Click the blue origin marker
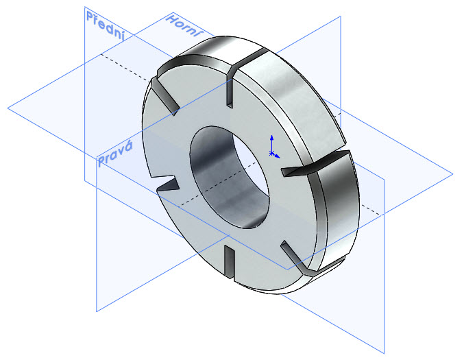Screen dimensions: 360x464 click(x=272, y=153)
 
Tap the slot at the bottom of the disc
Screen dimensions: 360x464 click(x=231, y=259)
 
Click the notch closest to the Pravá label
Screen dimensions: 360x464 click(x=168, y=185)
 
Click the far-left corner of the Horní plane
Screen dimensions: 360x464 click(x=8, y=108)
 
